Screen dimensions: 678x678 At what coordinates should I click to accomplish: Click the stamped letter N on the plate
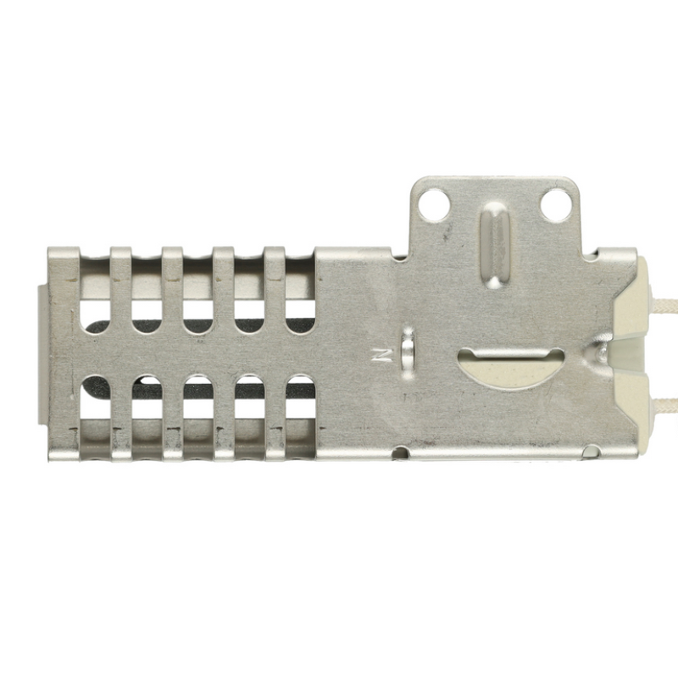coord(383,353)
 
